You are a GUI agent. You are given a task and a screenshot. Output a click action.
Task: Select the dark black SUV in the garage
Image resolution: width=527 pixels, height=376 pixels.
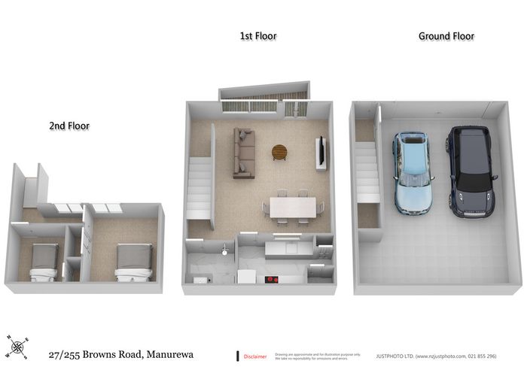pos(469,171)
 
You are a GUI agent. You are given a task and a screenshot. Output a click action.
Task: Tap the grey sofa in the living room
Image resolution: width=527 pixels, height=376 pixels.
pos(243,153)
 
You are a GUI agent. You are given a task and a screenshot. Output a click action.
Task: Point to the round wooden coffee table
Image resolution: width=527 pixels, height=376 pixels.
pos(279,152)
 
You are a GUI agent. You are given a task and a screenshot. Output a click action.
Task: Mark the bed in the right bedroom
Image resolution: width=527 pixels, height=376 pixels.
pos(133,265)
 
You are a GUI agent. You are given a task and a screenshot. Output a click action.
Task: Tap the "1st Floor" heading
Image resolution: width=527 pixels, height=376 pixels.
pos(257,36)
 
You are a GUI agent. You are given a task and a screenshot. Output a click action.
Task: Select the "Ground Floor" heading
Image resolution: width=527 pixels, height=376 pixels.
pos(446,36)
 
